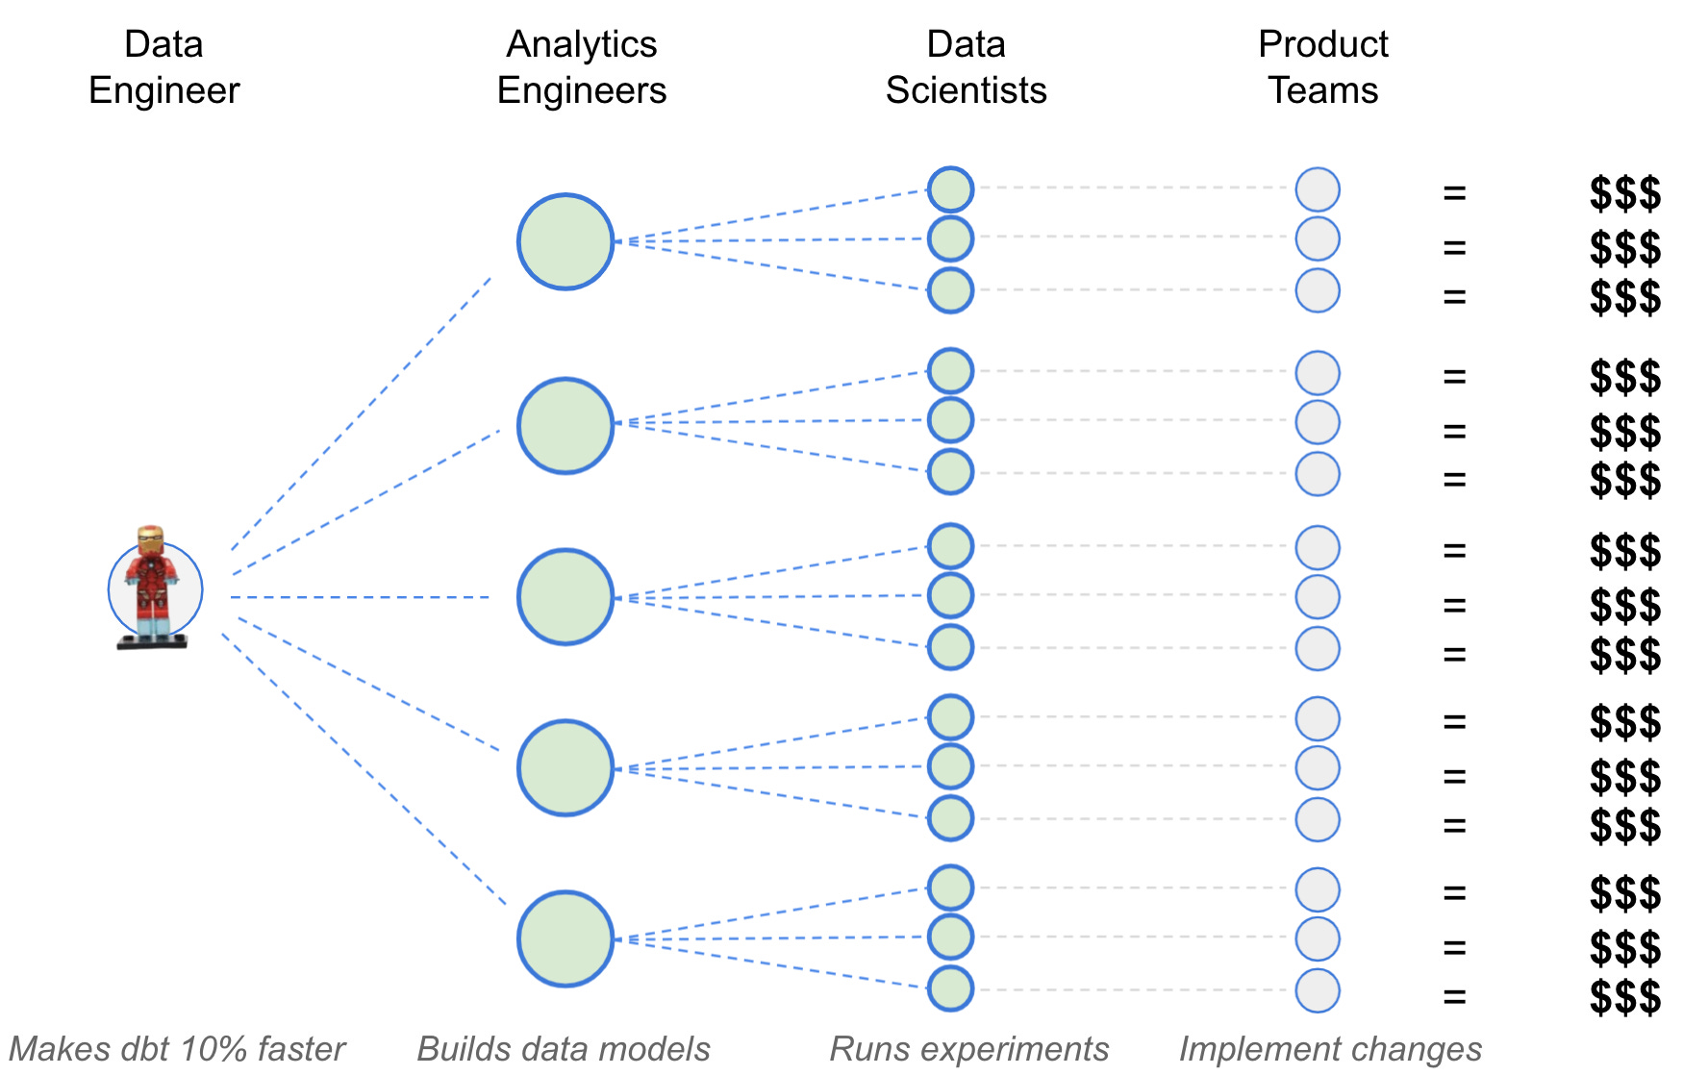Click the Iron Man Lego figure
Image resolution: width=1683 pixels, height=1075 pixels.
pyautogui.click(x=152, y=587)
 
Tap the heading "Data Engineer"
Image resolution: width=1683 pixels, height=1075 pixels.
pyautogui.click(x=163, y=67)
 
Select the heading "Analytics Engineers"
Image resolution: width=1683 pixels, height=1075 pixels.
pyautogui.click(x=582, y=67)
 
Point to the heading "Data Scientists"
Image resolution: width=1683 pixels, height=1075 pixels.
pyautogui.click(x=966, y=67)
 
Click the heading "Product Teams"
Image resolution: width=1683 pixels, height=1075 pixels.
pyautogui.click(x=1323, y=67)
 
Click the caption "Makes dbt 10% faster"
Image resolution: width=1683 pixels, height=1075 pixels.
pyautogui.click(x=177, y=1049)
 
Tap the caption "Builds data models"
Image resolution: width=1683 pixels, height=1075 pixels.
pyautogui.click(x=564, y=1049)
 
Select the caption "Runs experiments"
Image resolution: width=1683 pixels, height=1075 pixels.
pyautogui.click(x=969, y=1049)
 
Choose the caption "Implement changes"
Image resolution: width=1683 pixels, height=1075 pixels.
pyautogui.click(x=1331, y=1049)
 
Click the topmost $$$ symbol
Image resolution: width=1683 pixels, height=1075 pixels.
pyautogui.click(x=1625, y=193)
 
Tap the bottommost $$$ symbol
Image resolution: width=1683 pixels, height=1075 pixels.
pyautogui.click(x=1625, y=996)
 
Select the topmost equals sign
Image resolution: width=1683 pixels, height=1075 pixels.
pyautogui.click(x=1454, y=193)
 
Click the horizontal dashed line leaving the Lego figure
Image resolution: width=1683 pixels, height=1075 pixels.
pyautogui.click(x=360, y=597)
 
